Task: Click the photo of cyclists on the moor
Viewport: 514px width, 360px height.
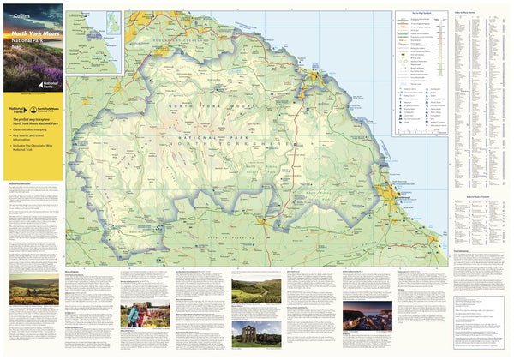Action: click(33, 291)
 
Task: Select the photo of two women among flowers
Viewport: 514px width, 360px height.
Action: click(137, 315)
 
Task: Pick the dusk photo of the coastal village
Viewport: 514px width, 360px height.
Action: click(367, 315)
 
